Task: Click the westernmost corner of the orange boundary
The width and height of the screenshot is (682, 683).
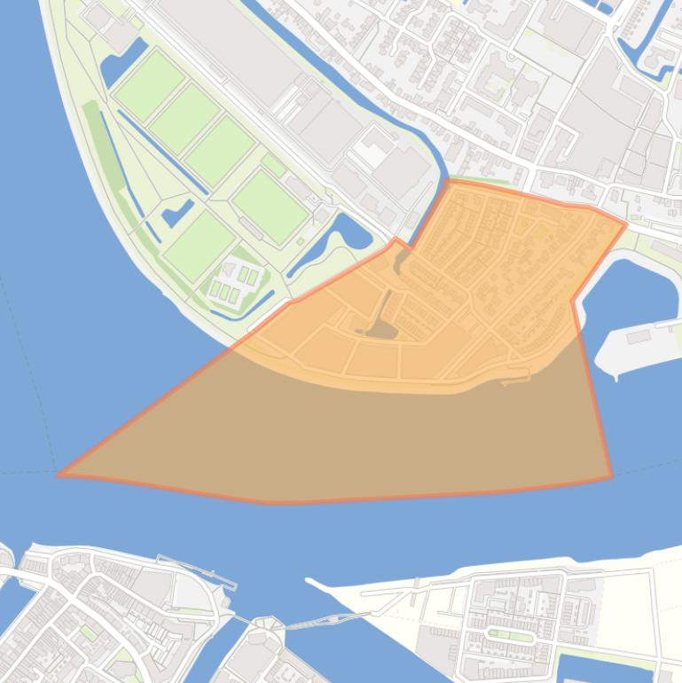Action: click(59, 475)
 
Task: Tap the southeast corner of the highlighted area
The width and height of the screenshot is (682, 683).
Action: click(611, 477)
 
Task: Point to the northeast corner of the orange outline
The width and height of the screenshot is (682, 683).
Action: click(625, 224)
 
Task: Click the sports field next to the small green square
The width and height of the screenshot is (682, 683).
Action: click(270, 207)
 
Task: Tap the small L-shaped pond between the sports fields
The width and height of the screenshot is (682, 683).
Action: click(177, 213)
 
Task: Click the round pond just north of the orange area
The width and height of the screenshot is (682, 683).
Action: click(352, 232)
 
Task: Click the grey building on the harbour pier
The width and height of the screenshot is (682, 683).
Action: click(638, 337)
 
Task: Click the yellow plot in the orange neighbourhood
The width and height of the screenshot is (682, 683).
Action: click(540, 232)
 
